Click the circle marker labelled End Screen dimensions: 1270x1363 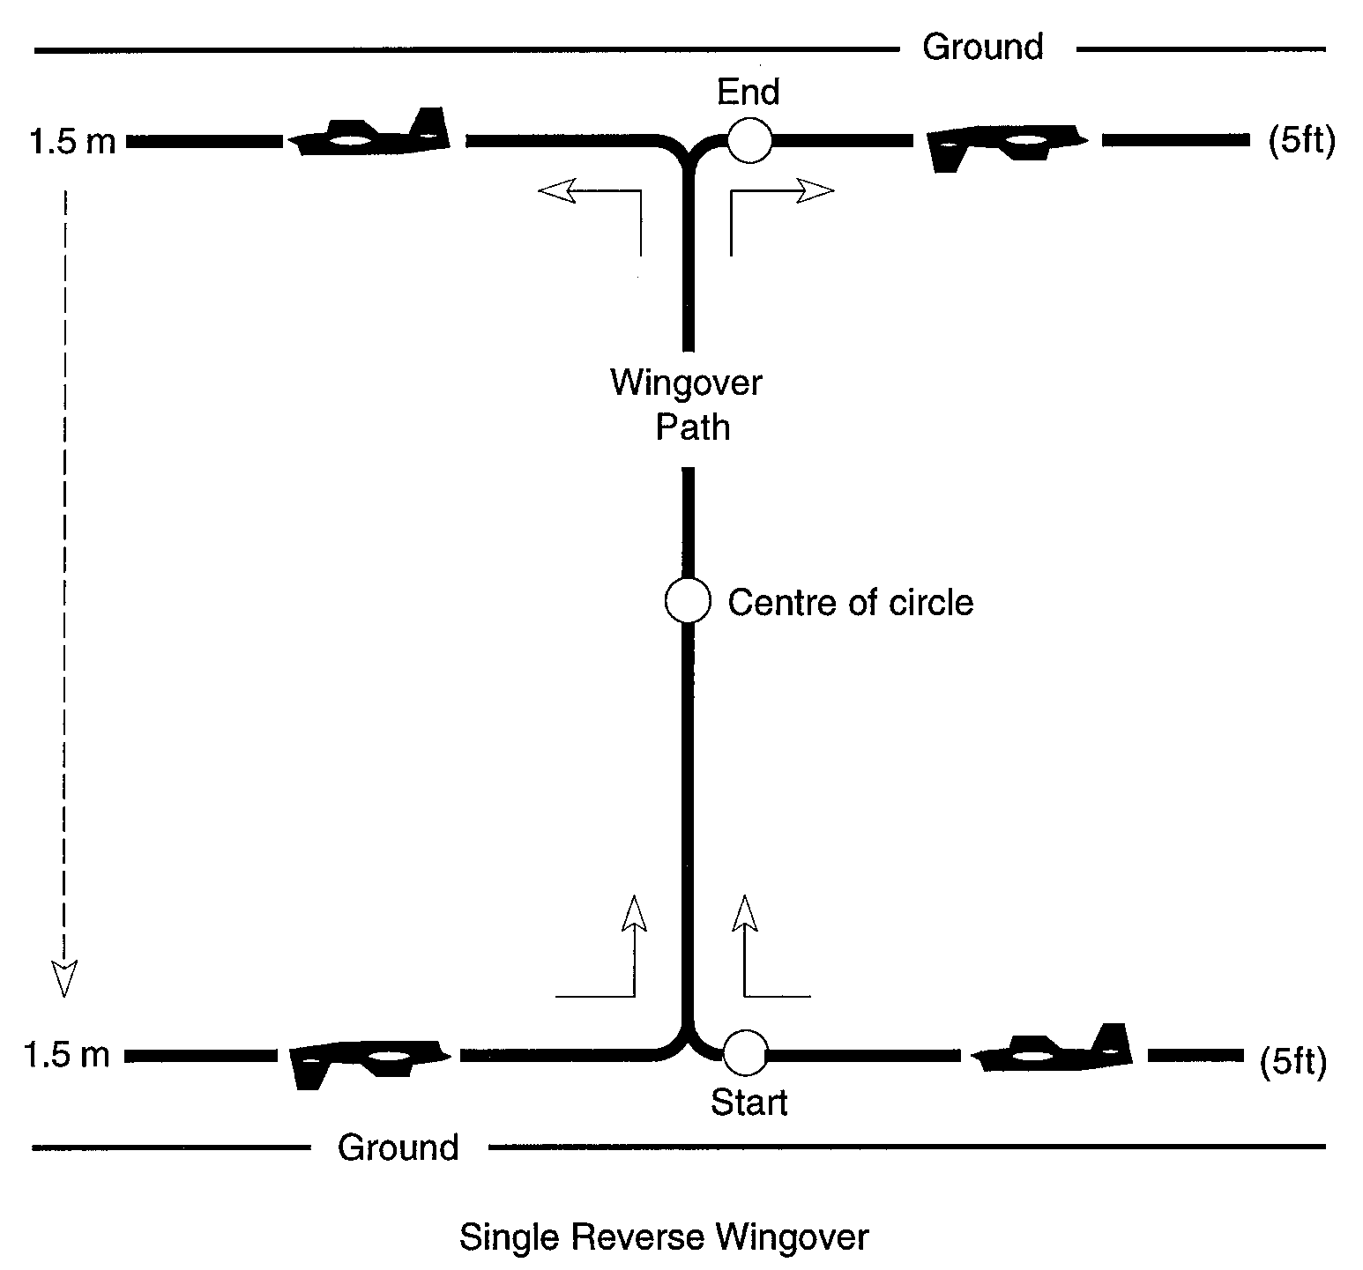pos(749,140)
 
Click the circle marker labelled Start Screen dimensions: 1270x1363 pos(745,1052)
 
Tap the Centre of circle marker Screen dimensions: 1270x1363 pos(687,601)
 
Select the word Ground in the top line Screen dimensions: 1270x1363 pos(983,47)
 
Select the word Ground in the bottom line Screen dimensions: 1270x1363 pos(398,1147)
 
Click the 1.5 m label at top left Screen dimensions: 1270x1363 pos(73,141)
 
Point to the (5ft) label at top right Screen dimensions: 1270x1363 pos(1301,141)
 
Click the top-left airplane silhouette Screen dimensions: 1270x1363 pos(371,133)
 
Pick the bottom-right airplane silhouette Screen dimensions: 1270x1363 pos(1053,1048)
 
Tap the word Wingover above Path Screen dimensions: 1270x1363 pos(686,383)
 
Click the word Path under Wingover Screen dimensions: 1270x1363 pos(693,427)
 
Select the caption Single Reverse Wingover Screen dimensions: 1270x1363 pos(663,1237)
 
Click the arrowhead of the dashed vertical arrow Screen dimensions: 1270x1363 pos(63,977)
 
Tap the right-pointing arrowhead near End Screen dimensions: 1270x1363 pos(816,190)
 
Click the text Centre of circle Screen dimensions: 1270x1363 pos(851,603)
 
